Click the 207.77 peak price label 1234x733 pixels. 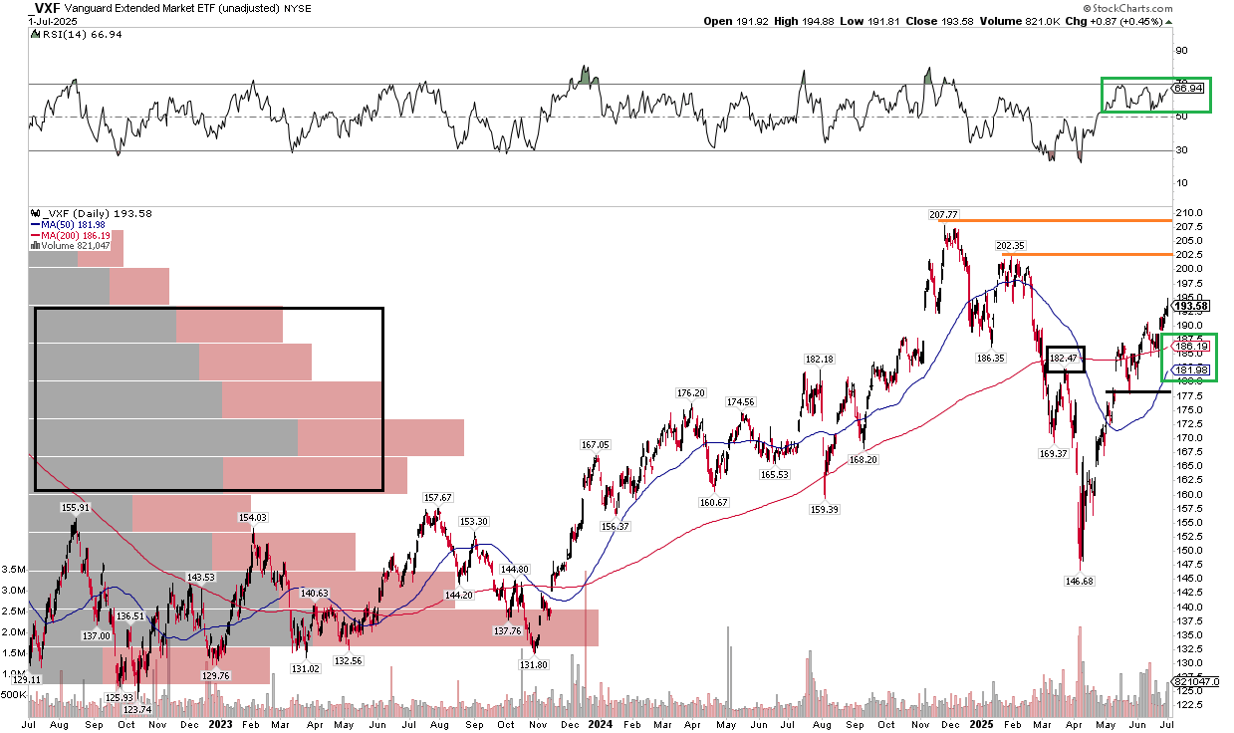[942, 214]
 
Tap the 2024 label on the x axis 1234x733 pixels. [600, 725]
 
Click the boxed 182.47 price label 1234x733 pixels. [1065, 358]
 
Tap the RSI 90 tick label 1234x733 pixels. [1181, 50]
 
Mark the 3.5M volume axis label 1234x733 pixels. [14, 570]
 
